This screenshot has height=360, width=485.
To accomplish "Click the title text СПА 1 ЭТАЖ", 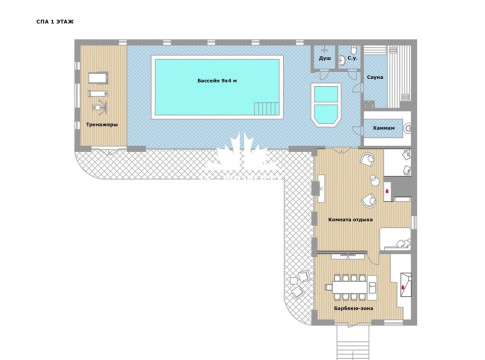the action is pos(55,22).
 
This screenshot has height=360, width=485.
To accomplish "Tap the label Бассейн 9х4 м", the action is pos(217,81).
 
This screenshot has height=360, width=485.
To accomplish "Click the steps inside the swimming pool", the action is pos(266,108).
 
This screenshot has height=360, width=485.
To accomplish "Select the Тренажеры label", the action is pos(102,125).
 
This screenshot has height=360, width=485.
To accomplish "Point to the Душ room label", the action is pos(325,58).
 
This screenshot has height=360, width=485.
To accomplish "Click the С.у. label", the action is pos(352,58).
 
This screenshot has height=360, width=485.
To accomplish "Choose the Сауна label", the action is pos(375,77).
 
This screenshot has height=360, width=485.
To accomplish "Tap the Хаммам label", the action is pos(384,128).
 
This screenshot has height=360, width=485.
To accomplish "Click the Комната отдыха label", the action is pos(350,220).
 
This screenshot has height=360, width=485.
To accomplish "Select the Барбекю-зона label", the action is pos(354,308).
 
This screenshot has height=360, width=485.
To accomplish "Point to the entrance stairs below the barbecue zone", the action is pos(353,343).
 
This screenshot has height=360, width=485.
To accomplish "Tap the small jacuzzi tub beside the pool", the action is pos(326,104).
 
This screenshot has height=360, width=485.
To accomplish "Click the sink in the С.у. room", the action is pos(341,61).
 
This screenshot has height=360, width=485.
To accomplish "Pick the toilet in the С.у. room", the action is pos(354,50).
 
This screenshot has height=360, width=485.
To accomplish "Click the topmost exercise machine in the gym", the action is pos(98,78).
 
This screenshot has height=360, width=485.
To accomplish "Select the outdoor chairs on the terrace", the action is pos(301,283).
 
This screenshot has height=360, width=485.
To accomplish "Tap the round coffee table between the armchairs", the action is pos(375,180).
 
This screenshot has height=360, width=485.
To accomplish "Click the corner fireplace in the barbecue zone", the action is pos(405,285).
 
